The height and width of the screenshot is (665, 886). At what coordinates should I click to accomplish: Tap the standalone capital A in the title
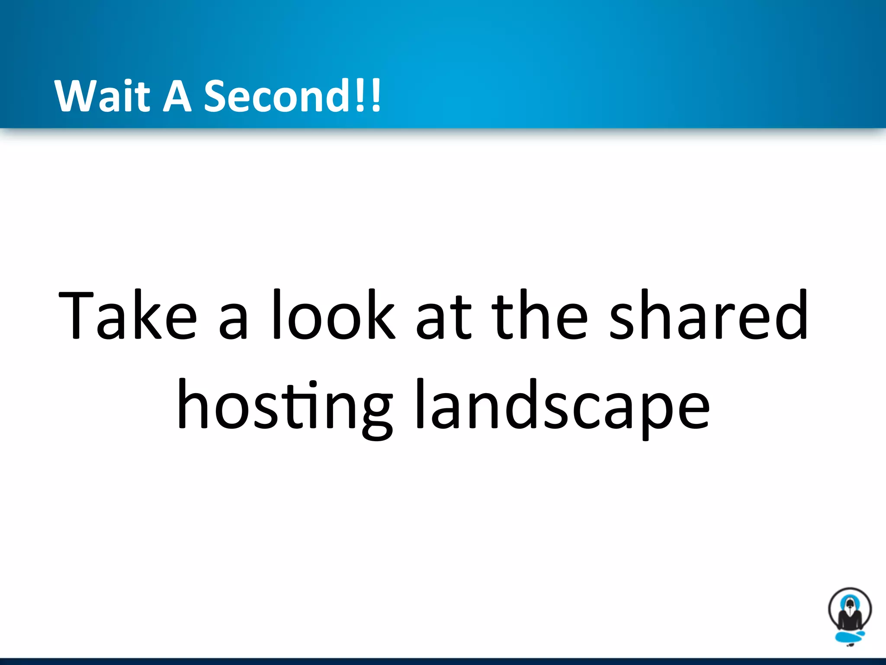coord(177,96)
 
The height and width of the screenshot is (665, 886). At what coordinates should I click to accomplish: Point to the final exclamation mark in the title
coord(376,95)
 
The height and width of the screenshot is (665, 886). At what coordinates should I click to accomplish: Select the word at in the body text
coord(443,318)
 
